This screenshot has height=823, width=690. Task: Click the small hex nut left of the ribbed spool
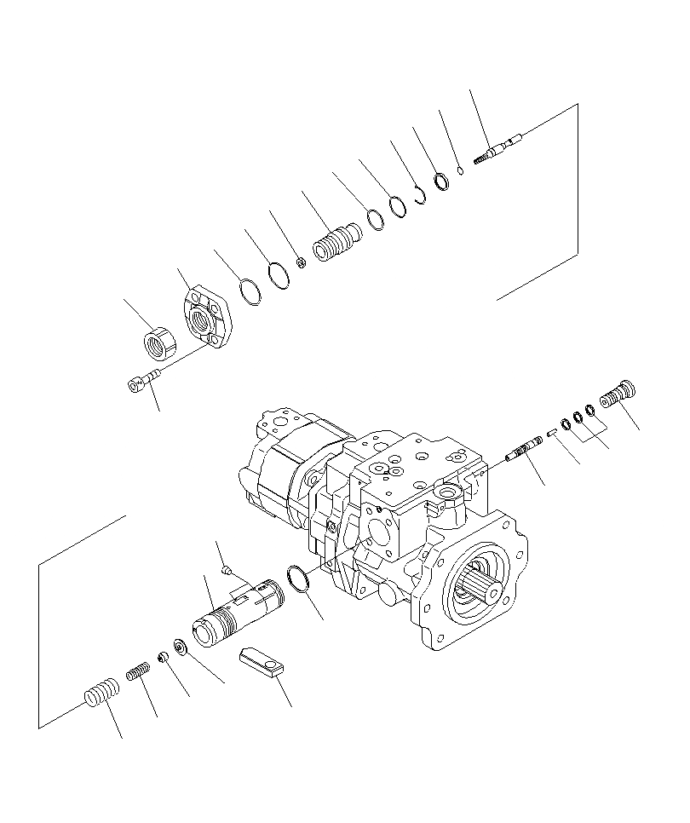pos(302,261)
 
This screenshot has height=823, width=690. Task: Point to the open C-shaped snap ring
pos(420,194)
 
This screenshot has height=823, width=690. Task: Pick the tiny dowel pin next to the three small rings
pos(552,430)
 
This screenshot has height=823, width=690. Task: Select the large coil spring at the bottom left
pos(101,690)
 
